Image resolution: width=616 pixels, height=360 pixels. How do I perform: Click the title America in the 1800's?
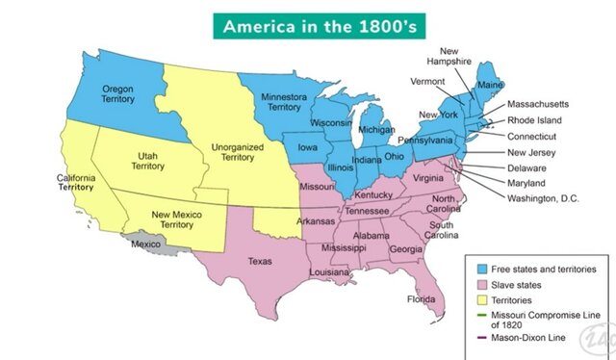(x=307, y=24)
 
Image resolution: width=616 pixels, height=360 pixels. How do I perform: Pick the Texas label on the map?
(x=260, y=261)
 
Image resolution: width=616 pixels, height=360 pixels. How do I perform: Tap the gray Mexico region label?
(x=144, y=244)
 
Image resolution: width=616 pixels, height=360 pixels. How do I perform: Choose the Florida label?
(x=421, y=299)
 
